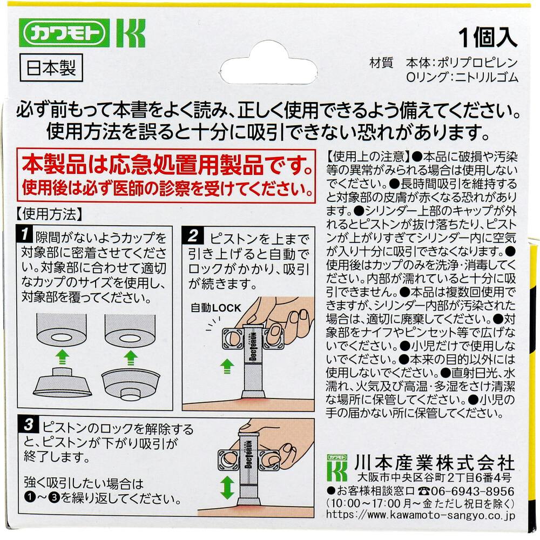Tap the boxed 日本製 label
(51, 67)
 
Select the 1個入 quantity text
(488, 38)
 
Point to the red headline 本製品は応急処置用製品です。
(168, 165)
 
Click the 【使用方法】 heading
(49, 214)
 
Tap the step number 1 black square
(25, 234)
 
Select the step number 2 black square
(193, 235)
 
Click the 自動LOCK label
(216, 308)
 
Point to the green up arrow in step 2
(227, 366)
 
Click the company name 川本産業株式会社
(435, 462)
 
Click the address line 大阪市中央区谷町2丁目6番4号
(434, 477)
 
